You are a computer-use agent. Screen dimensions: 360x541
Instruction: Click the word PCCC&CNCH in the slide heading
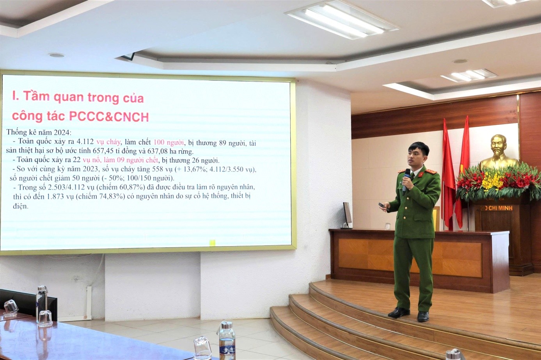[x=109, y=116]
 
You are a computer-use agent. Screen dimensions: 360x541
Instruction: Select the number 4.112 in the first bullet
[x=85, y=142]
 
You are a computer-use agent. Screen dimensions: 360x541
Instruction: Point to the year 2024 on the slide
[x=66, y=132]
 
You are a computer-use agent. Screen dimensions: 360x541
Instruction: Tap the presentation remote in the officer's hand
[x=381, y=204]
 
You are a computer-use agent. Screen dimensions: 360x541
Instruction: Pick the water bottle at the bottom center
[x=227, y=340]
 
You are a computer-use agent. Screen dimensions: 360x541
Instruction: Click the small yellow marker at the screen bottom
[x=212, y=243]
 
